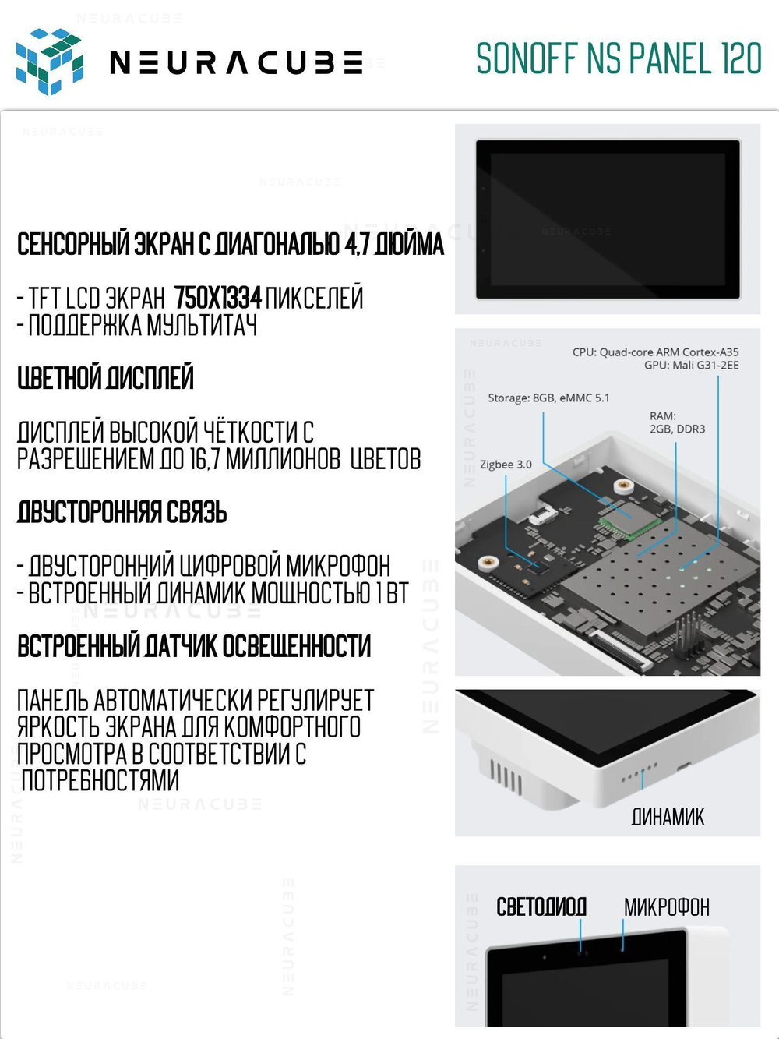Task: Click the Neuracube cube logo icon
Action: (49, 61)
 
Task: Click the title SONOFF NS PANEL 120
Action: (619, 59)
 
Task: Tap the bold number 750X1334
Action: (217, 298)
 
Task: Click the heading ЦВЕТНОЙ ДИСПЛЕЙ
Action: (105, 379)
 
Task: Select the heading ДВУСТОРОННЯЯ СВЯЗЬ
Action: (122, 513)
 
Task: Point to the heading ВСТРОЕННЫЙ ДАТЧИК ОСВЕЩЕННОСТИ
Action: (194, 646)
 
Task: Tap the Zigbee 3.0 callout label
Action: (506, 465)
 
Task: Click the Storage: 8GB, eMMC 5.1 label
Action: (548, 398)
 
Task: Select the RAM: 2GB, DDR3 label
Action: (677, 422)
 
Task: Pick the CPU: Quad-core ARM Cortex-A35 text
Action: (655, 352)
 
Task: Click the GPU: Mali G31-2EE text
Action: (691, 365)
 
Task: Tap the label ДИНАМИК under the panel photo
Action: (668, 817)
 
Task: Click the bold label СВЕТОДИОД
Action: (541, 906)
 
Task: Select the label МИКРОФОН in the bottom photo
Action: (666, 907)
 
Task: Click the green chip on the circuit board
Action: (629, 517)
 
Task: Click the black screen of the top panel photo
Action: (608, 219)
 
